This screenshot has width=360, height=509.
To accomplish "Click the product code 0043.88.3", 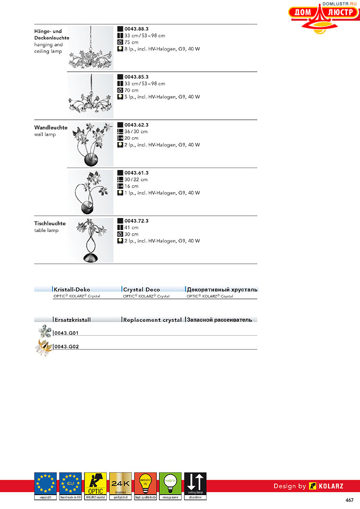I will pyautogui.click(x=136, y=29).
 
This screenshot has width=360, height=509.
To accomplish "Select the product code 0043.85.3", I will pyautogui.click(x=136, y=77).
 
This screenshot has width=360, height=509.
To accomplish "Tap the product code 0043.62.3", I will pyautogui.click(x=136, y=125).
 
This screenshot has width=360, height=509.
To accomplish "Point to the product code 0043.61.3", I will pyautogui.click(x=136, y=173).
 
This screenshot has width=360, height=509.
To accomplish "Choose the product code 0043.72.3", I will pyautogui.click(x=136, y=221).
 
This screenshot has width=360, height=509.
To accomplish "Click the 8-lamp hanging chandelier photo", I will pyautogui.click(x=91, y=48).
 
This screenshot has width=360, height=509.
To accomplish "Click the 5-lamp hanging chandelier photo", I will pyautogui.click(x=91, y=96).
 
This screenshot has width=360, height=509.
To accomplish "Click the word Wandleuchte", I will pyautogui.click(x=51, y=128).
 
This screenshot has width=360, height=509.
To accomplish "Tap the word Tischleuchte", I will pyautogui.click(x=50, y=224).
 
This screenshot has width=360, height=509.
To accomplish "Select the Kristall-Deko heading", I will pyautogui.click(x=72, y=290).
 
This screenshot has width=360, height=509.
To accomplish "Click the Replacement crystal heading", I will pyautogui.click(x=153, y=320).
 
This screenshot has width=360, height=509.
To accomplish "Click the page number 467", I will pyautogui.click(x=349, y=500).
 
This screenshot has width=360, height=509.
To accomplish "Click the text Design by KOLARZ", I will pyautogui.click(x=308, y=486).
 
